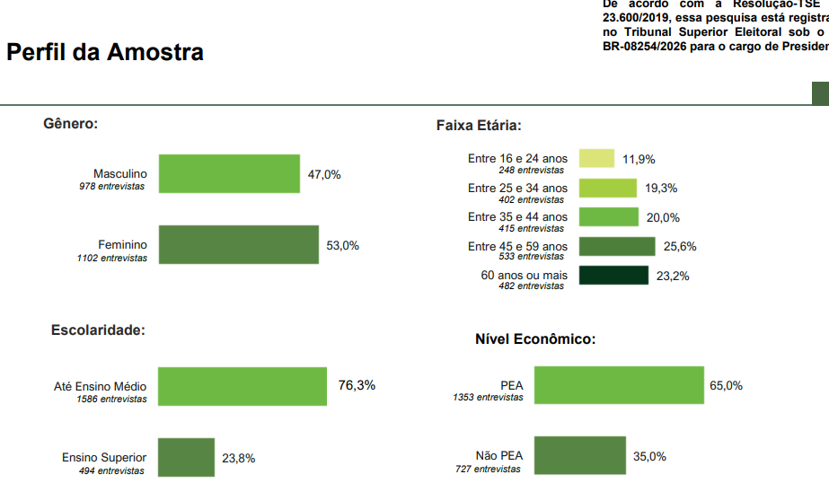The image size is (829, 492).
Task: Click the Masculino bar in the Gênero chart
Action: click(228, 173)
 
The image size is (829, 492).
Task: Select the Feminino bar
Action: click(238, 244)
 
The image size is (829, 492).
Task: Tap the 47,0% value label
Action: click(324, 174)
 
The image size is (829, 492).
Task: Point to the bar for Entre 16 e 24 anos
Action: click(596, 159)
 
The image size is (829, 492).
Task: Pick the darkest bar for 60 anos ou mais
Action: click(613, 276)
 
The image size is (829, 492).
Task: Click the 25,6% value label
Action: click(680, 247)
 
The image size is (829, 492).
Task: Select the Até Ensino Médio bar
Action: click(242, 386)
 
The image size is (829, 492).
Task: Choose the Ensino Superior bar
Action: click(186, 457)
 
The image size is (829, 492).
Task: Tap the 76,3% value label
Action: click(357, 385)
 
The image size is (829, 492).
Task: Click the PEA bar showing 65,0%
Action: click(619, 385)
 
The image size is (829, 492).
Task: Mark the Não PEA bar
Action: click(579, 455)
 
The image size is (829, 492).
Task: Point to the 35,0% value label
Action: click(649, 456)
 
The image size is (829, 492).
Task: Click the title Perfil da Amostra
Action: click(105, 52)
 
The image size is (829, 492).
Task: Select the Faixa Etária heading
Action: click(479, 126)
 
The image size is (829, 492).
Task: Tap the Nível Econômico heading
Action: click(535, 339)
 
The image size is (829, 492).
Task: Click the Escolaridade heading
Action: click(98, 330)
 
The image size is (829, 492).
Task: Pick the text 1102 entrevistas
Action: click(111, 258)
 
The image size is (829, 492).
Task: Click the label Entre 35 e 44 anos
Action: click(517, 217)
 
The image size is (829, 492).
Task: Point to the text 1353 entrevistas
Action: click(488, 397)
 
